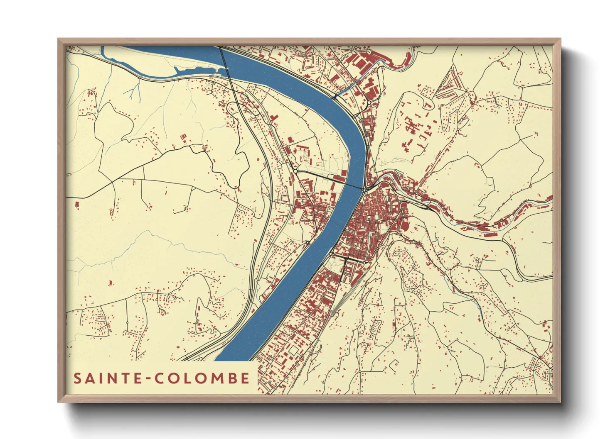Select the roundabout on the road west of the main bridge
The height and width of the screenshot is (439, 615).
pos(295,171)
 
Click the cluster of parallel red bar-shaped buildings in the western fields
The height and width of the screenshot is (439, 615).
pos(183,138)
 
